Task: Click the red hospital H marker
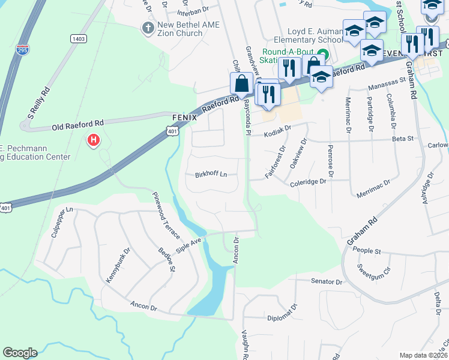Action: (93, 141)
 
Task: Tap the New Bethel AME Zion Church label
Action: (188, 29)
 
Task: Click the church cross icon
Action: (148, 28)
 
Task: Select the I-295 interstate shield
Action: (23, 49)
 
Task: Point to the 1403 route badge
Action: (79, 38)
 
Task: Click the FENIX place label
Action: (184, 118)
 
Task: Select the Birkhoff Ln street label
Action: (211, 175)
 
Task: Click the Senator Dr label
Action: (326, 281)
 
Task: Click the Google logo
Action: (20, 353)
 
